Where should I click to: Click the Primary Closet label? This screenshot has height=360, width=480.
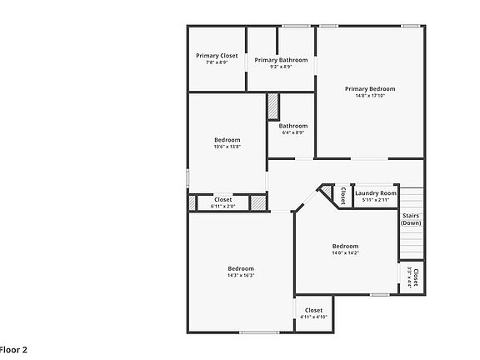217,56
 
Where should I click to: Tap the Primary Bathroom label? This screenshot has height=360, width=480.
281,60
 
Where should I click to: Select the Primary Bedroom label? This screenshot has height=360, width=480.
370,88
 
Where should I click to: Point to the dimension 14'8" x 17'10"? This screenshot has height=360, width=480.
370,96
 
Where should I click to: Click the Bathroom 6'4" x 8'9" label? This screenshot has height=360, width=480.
292,126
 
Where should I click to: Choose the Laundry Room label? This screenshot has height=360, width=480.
376,193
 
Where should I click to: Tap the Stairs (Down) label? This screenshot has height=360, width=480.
411,219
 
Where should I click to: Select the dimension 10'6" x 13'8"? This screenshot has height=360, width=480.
227,147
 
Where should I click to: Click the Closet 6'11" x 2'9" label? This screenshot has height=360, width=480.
223,199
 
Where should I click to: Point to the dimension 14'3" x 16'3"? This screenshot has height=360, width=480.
241,276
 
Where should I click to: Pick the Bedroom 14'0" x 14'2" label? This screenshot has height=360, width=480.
345,246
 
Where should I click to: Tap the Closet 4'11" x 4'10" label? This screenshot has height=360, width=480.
313,310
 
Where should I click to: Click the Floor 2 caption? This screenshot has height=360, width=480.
13,349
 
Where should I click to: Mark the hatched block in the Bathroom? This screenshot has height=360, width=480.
272,107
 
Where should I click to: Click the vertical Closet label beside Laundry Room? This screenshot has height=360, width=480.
342,195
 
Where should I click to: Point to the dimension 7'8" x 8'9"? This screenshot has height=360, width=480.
217,63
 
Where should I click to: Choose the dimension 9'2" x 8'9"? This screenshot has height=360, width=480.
281,67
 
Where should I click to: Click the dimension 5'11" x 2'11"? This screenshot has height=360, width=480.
376,200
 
